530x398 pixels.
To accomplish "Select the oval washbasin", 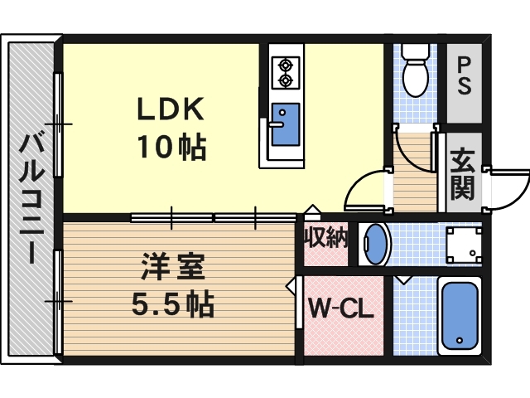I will [375, 245].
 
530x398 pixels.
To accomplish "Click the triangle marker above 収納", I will [311, 211].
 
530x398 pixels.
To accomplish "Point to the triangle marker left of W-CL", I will [291, 287].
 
